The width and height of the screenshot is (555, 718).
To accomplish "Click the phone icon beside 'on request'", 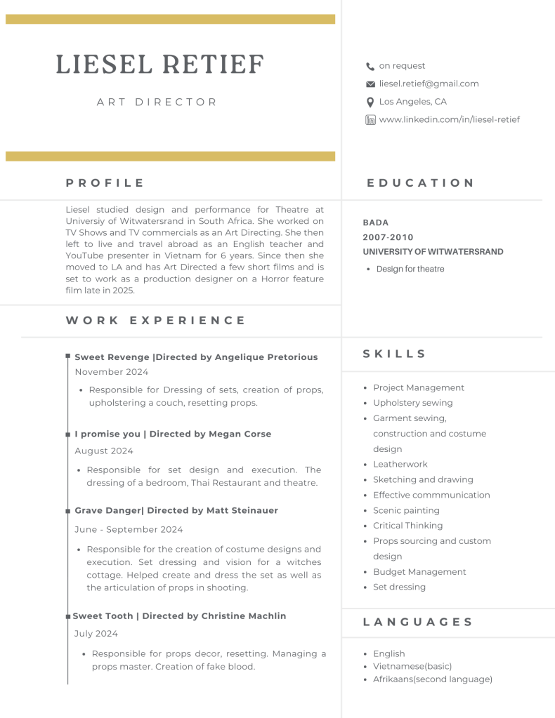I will pos(370,67).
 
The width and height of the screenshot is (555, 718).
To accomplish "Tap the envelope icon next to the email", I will pos(370,84).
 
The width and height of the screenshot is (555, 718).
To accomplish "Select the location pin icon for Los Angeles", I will pos(370,102).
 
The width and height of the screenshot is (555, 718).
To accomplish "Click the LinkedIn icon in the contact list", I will pos(370,120).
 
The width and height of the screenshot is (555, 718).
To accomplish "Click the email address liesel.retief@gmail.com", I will pos(429,84).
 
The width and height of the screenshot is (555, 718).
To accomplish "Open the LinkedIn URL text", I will pos(449,119).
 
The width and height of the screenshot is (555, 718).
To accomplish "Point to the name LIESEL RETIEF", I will pos(159,65).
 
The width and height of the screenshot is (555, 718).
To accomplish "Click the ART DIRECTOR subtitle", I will pos(157,102).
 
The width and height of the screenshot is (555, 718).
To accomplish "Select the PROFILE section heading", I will pos(105,183).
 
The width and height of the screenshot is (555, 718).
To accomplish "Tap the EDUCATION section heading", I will pos(420,183).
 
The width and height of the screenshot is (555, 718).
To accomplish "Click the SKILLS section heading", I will pos(394,354).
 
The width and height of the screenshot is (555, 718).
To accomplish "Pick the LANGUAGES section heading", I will pos(417,622).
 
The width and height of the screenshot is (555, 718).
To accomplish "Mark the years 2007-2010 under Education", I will pos(388,237).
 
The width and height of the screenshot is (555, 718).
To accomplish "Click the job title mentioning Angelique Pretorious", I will pos(196,357).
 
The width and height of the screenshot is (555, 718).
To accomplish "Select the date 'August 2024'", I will pos(104,451).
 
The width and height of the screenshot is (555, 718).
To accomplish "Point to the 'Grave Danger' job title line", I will pos(176,510).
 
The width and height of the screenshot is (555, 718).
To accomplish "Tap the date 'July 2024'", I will pos(96,633).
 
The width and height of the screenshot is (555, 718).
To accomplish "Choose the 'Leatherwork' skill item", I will pos(400,464).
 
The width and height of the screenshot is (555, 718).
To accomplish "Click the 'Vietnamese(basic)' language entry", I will pos(412,666).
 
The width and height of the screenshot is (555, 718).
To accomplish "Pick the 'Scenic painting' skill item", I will pos(406,510).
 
